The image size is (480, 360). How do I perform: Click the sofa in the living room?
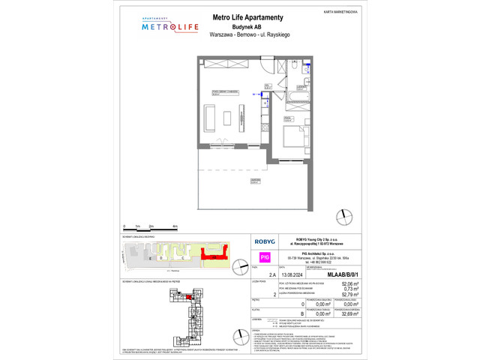click(x=210, y=118)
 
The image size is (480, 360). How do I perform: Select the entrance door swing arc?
click(x=268, y=72)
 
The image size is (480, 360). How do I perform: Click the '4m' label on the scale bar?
click(x=175, y=226)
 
